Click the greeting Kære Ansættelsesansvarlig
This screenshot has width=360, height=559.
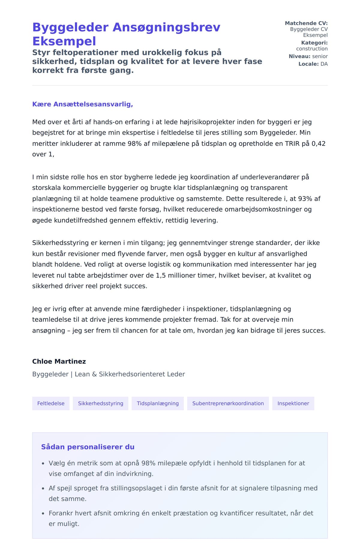[x=82, y=104]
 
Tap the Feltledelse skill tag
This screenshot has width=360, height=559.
[x=51, y=403]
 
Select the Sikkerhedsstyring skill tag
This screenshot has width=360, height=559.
[x=100, y=403]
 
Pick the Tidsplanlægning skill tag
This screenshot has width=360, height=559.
[x=158, y=403]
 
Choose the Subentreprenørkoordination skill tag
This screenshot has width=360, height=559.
[x=228, y=403]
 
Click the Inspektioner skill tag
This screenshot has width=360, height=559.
[x=293, y=403]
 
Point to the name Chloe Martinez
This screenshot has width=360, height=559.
[x=59, y=361]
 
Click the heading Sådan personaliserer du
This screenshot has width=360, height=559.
[x=88, y=447]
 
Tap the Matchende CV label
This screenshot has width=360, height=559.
[x=306, y=23]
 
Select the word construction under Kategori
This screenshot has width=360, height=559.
[x=312, y=49]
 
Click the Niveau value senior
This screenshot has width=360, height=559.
[x=320, y=56]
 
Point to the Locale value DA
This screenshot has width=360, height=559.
[x=324, y=64]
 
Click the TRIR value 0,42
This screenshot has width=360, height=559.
[x=318, y=144]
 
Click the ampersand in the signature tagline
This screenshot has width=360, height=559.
[x=94, y=374]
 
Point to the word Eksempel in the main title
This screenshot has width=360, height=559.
[x=64, y=41]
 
